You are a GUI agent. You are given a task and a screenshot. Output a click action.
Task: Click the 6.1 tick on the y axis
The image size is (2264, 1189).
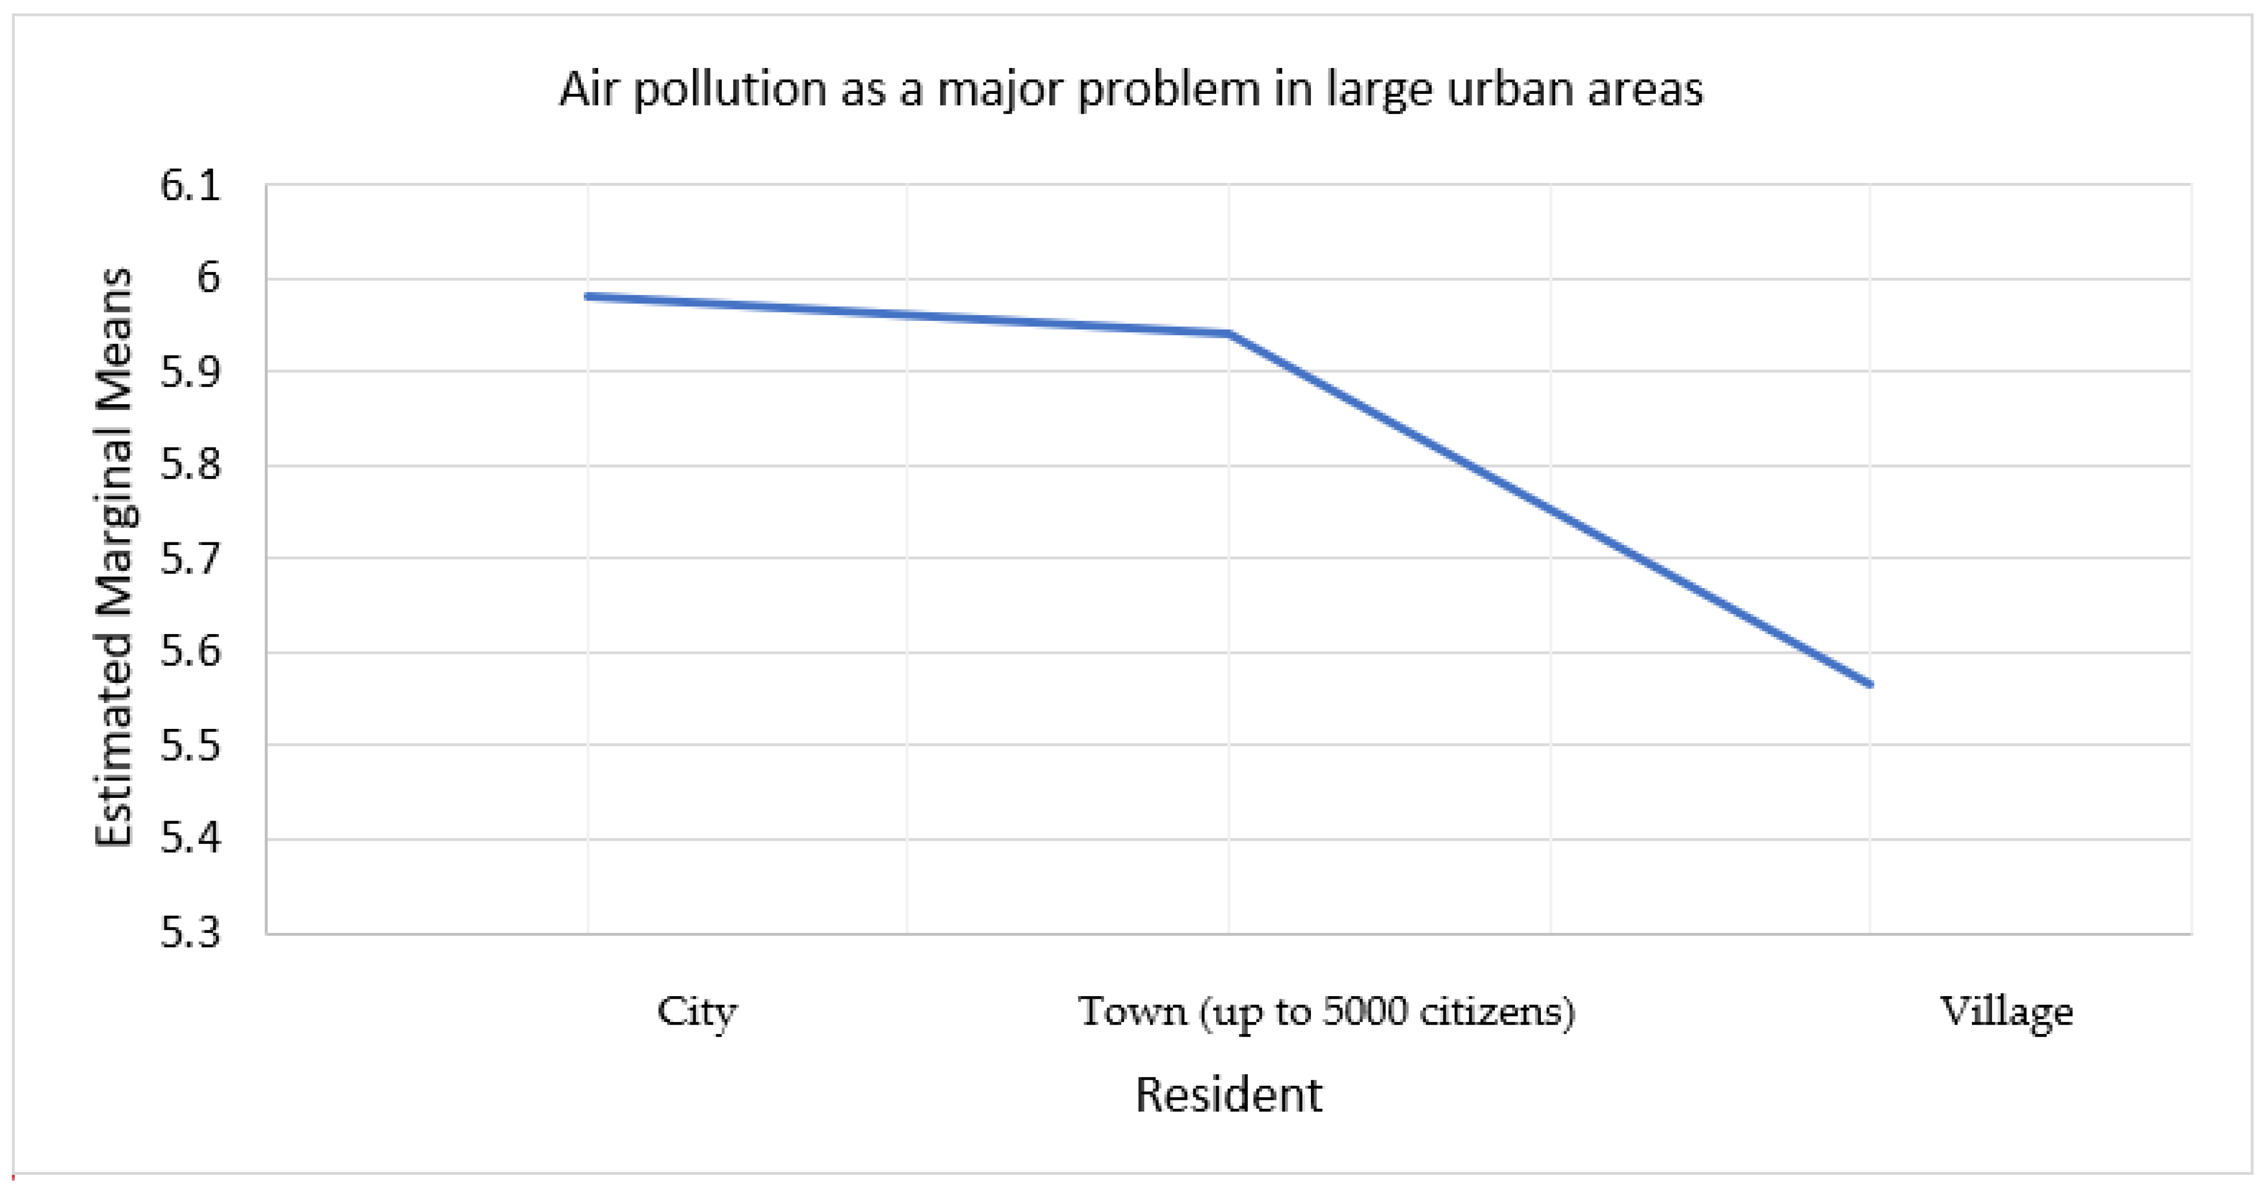(190, 186)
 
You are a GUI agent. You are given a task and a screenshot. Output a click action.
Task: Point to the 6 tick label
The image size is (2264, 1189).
(208, 279)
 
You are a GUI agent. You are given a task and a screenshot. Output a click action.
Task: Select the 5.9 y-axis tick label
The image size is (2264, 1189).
(190, 373)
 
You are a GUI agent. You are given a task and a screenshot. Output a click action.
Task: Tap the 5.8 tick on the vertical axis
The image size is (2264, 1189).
(190, 466)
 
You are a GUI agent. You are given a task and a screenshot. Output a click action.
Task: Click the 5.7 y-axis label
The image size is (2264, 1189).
(190, 559)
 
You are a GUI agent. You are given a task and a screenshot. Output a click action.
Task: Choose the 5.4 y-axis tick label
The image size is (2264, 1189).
(190, 839)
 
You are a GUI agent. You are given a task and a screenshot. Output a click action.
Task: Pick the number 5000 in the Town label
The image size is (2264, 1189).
(1365, 1011)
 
